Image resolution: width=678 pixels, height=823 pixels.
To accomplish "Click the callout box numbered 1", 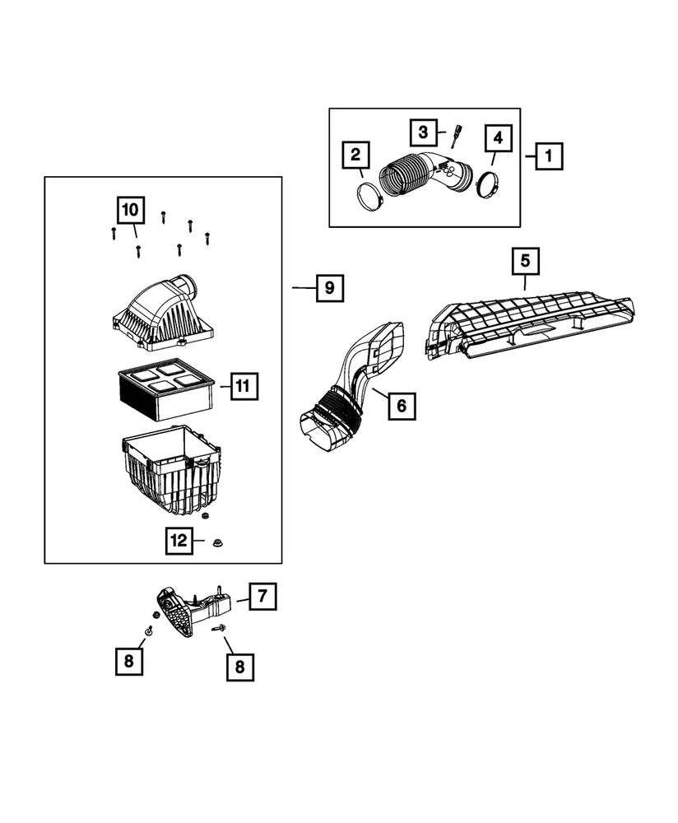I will point(550,155).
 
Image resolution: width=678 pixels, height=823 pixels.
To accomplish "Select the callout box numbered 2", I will point(355,155).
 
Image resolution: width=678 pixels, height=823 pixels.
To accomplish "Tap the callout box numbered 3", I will point(422,131).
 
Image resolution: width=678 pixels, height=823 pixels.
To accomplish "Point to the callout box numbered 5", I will point(525,262).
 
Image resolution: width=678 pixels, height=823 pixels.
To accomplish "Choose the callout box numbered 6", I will point(402,405).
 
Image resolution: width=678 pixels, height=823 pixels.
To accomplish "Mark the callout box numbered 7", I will point(262,596).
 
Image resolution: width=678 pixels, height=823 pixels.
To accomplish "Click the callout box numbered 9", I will point(328,288).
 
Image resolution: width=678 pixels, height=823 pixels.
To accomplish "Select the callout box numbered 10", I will point(130,211).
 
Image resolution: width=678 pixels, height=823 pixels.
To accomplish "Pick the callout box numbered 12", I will point(178,541).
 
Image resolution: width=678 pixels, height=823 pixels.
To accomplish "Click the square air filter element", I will point(165,390).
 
